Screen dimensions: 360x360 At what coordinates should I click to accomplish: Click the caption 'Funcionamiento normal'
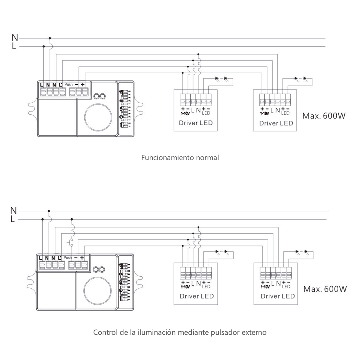(x=180, y=158)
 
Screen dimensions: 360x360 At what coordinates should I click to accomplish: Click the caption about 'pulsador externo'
(x=180, y=332)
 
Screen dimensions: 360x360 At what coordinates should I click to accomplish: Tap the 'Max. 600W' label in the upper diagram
(x=324, y=116)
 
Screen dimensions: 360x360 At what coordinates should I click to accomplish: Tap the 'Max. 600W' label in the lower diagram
(x=325, y=289)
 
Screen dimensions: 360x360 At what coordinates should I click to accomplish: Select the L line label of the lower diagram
(x=13, y=219)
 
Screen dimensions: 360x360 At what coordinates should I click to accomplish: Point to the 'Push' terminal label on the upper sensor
(x=69, y=85)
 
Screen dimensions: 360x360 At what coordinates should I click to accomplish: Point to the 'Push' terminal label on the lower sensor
(x=68, y=258)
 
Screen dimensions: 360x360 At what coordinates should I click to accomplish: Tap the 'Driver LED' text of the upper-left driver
(x=196, y=123)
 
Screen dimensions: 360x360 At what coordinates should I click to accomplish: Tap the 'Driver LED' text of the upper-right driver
(x=276, y=123)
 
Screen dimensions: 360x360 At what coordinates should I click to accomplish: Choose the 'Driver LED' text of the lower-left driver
(x=197, y=296)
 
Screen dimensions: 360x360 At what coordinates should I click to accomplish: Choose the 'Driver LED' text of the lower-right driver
(x=278, y=296)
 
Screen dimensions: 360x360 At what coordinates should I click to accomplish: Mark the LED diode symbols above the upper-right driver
(x=301, y=79)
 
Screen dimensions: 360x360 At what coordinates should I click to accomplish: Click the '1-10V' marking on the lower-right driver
(x=266, y=286)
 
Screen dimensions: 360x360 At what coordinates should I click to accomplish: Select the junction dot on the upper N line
(x=50, y=38)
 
